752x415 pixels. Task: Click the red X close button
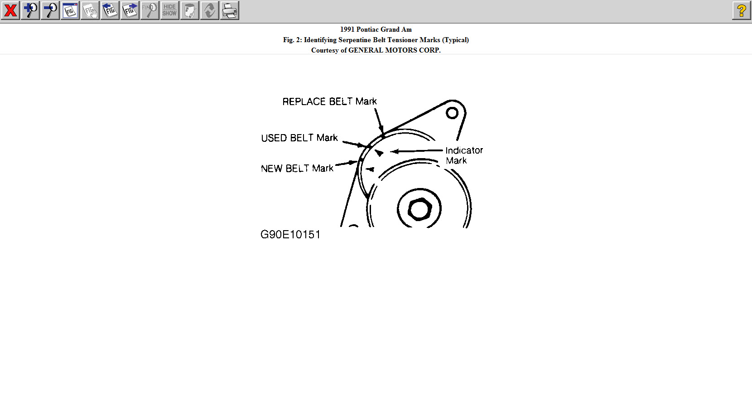pos(10,10)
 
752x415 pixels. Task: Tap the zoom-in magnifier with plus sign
pos(30,10)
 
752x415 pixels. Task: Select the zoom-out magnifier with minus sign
pos(50,10)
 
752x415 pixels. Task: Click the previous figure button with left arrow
pos(110,10)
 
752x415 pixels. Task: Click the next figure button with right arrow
pos(130,10)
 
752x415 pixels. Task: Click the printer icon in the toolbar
pos(230,10)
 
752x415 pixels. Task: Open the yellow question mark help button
pos(741,10)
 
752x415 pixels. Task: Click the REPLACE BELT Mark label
pos(329,101)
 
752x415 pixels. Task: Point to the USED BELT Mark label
pos(299,138)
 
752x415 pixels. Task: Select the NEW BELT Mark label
pos(297,169)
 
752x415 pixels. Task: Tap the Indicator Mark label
pos(464,155)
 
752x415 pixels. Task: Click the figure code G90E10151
pos(290,234)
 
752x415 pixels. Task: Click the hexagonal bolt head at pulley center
pos(419,209)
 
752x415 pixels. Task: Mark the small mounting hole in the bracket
pos(452,113)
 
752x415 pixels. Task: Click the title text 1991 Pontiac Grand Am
pos(376,29)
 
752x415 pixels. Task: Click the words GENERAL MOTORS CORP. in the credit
pos(394,50)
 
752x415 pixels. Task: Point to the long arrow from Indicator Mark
pos(417,151)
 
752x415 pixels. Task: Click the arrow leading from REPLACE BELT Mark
pos(379,121)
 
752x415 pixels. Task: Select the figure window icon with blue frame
pos(70,10)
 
